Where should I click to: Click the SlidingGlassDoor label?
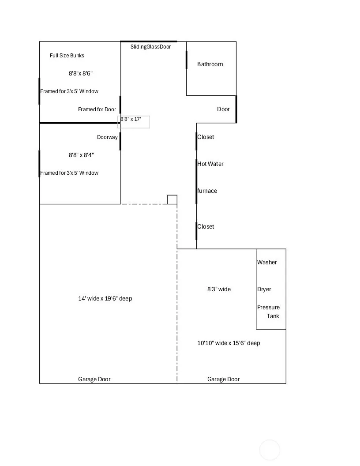(150, 47)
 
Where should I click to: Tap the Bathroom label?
(210, 64)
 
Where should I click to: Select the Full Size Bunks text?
(67, 56)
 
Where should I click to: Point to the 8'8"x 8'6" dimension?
(81, 73)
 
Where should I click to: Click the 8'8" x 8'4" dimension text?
(81, 155)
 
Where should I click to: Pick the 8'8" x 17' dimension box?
(134, 122)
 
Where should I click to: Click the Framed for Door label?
(97, 109)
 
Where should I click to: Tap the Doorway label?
(107, 137)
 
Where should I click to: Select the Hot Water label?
(210, 164)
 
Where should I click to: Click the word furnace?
(207, 191)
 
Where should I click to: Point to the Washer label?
(267, 262)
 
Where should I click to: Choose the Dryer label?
(264, 289)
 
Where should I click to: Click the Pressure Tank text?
(268, 312)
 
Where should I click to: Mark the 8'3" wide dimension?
(219, 289)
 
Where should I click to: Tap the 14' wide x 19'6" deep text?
(105, 298)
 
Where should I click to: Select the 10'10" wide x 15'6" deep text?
(229, 343)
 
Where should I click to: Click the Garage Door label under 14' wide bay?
(94, 379)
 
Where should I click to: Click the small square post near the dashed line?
(172, 200)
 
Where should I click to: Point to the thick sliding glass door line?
(149, 41)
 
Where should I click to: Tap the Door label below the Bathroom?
(223, 109)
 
